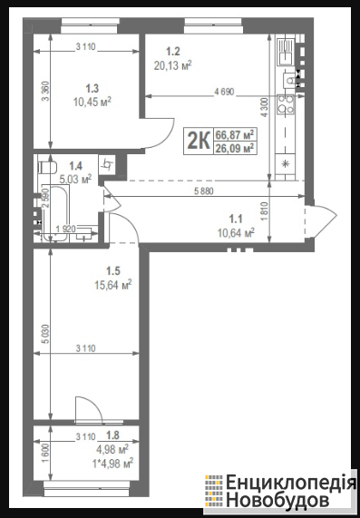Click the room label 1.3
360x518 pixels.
click(92, 89)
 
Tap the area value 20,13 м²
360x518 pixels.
click(172, 65)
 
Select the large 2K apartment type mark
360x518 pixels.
click(199, 141)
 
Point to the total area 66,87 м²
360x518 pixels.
click(235, 135)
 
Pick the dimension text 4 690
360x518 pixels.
click(224, 92)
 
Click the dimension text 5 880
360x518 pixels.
click(204, 191)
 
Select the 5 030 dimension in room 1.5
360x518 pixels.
click(45, 334)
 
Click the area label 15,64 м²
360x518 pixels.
click(113, 285)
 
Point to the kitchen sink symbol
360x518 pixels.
click(286, 51)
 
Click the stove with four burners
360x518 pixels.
click(286, 104)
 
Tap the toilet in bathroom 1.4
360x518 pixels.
click(47, 167)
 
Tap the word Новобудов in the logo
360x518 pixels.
click(277, 500)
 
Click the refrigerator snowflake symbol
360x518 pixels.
click(286, 163)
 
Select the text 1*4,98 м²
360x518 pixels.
click(113, 464)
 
